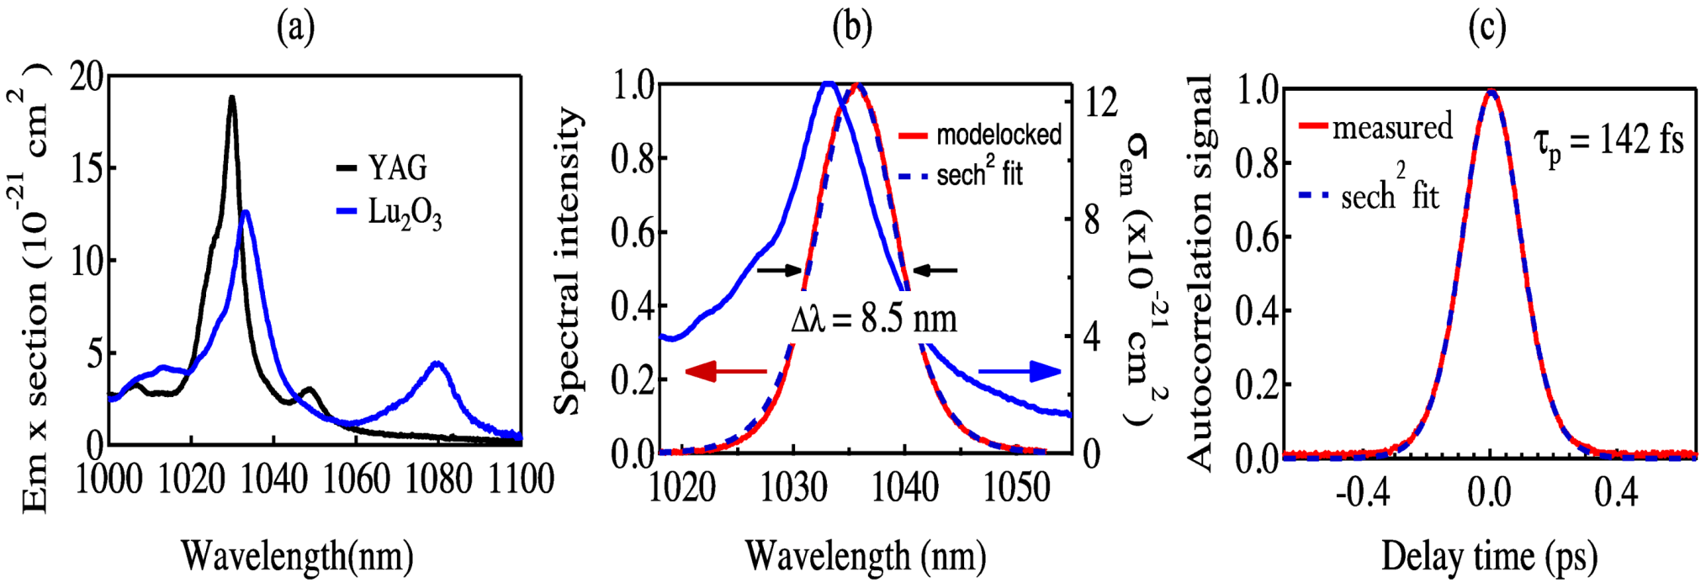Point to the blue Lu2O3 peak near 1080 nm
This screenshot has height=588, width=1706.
(437, 364)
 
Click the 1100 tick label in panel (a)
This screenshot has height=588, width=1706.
(522, 479)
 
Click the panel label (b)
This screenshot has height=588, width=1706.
(851, 27)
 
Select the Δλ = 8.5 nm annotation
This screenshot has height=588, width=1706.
(873, 319)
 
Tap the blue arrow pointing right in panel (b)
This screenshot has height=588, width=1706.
(1020, 371)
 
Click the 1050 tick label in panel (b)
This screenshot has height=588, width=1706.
(1016, 488)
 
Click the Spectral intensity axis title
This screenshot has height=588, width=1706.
(569, 261)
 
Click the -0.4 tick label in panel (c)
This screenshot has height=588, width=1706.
(1362, 494)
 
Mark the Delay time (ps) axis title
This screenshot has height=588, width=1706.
(1489, 557)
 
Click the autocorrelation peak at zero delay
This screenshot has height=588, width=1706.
(1491, 92)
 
